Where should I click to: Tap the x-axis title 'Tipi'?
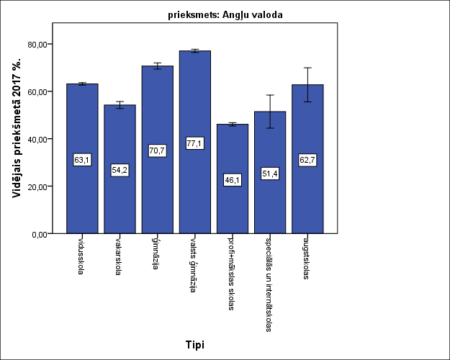point(194,345)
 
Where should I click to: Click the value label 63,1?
point(82,160)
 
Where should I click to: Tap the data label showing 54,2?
point(120,170)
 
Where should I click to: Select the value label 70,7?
point(157,150)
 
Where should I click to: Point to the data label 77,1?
point(194,143)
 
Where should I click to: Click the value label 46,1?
point(233,180)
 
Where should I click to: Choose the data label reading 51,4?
point(270,174)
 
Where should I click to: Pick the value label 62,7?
point(307,160)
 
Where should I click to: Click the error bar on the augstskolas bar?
point(307,84)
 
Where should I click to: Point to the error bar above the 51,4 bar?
point(270,111)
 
